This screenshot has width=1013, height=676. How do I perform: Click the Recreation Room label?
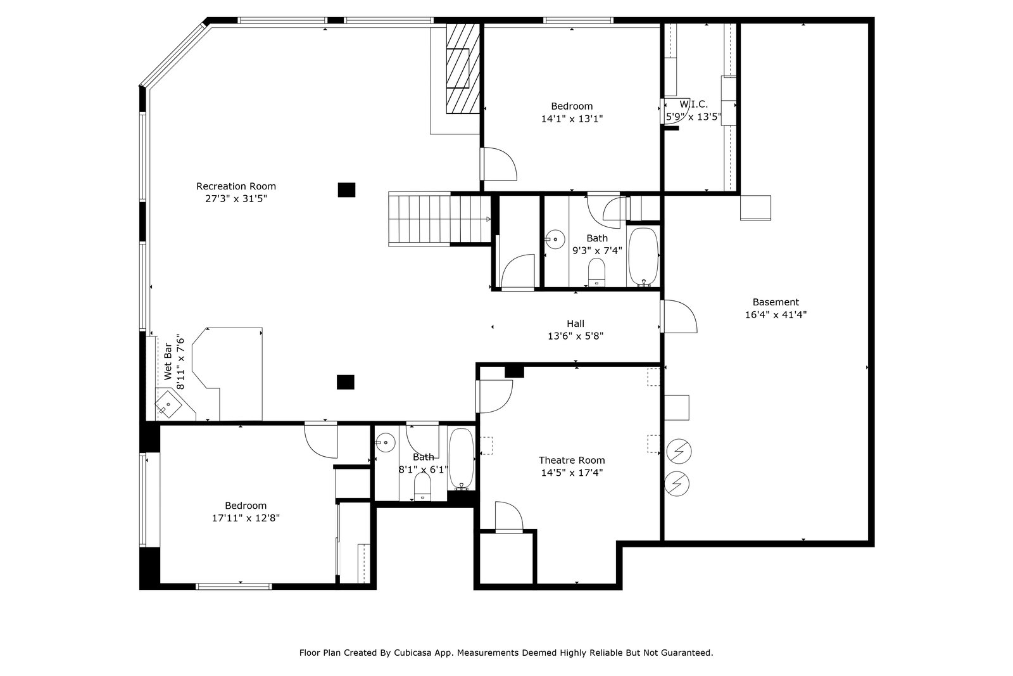pyautogui.click(x=236, y=186)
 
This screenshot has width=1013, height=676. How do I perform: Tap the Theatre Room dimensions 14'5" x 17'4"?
pyautogui.click(x=572, y=473)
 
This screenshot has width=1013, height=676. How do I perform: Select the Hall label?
pyautogui.click(x=576, y=324)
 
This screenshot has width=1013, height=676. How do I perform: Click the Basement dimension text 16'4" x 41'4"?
pyautogui.click(x=776, y=314)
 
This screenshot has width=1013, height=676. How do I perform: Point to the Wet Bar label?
pyautogui.click(x=168, y=362)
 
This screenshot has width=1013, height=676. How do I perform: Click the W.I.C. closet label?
pyautogui.click(x=694, y=105)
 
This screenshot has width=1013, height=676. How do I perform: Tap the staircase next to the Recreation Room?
pyautogui.click(x=439, y=219)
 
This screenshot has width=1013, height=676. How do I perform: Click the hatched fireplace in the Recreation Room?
pyautogui.click(x=463, y=68)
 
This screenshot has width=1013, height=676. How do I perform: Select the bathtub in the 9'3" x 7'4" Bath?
pyautogui.click(x=643, y=257)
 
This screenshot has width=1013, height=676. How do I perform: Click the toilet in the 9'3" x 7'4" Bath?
pyautogui.click(x=596, y=272)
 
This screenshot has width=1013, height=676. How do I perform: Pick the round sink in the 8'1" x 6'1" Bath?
pyautogui.click(x=386, y=442)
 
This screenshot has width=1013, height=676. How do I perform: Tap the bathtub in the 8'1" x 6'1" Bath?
pyautogui.click(x=462, y=459)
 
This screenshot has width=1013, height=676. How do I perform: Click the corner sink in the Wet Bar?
pyautogui.click(x=168, y=404)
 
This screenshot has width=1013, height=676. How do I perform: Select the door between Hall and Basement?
pyautogui.click(x=678, y=316)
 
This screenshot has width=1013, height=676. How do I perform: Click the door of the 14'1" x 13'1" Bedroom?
pyautogui.click(x=498, y=164)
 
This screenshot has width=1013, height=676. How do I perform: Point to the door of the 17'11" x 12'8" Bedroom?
pyautogui.click(x=320, y=440)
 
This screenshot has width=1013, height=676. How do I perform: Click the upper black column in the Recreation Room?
pyautogui.click(x=346, y=190)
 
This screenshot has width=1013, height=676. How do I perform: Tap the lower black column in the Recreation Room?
pyautogui.click(x=346, y=382)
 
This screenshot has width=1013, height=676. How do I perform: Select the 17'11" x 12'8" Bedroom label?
pyautogui.click(x=246, y=506)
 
